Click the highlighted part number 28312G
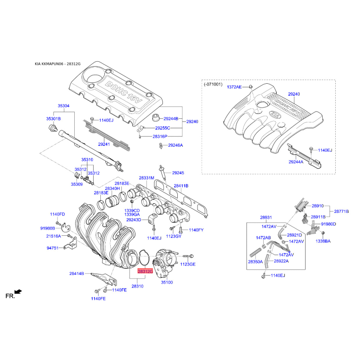[145, 271]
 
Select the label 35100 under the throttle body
[166, 283]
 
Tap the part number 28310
[137, 286]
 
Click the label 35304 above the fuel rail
[63, 106]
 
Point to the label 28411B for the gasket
[181, 186]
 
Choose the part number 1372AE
[234, 87]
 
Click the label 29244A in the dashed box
[296, 162]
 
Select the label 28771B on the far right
[341, 211]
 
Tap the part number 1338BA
[323, 241]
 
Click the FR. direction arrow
[18, 292]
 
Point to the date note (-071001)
[213, 84]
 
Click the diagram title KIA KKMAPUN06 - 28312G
[58, 64]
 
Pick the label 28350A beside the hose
[255, 261]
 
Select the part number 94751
[53, 248]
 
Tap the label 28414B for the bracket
[76, 274]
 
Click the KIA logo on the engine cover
[275, 114]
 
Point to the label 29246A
[175, 145]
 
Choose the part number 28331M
[147, 178]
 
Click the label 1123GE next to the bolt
[188, 264]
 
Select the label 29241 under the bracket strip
[104, 144]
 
